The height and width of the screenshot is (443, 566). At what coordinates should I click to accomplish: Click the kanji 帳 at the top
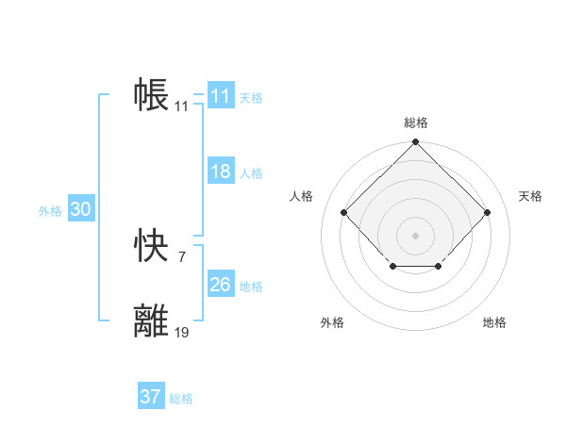152,95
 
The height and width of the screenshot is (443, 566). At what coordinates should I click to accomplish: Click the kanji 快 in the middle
152,247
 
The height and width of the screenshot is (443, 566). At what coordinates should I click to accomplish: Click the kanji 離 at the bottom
152,320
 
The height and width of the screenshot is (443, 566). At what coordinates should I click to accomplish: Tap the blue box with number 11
221,96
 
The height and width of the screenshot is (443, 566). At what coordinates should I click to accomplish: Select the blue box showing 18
221,172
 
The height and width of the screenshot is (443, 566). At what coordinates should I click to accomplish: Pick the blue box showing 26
221,285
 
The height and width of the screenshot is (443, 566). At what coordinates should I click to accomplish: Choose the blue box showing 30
80,210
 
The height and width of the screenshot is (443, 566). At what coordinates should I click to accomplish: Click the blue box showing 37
151,397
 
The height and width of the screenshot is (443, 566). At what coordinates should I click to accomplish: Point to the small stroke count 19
181,332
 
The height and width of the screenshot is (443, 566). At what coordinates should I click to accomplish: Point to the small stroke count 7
182,256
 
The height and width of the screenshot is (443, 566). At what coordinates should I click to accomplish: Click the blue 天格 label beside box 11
251,98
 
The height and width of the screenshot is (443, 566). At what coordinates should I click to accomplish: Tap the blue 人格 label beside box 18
251,173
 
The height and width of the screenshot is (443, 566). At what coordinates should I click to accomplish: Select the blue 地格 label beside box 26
251,287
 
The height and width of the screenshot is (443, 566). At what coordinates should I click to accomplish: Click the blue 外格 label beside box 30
50,212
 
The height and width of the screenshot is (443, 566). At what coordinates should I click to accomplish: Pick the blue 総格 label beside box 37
181,399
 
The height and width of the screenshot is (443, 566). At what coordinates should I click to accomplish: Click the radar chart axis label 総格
416,123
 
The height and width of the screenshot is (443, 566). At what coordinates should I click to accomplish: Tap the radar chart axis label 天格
531,196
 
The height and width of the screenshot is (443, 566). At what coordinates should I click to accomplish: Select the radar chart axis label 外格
332,322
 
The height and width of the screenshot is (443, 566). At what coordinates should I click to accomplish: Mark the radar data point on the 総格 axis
415,143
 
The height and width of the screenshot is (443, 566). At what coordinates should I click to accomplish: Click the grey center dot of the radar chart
415,234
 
